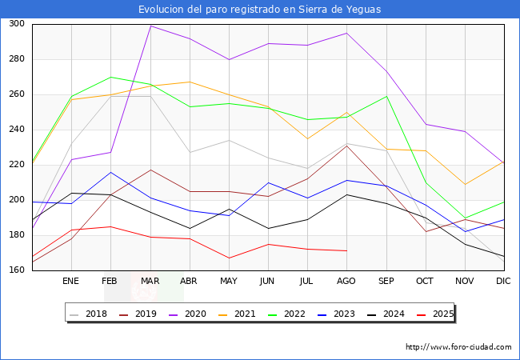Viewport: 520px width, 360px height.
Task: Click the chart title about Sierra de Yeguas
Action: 259,10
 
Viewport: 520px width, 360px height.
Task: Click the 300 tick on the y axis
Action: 16,24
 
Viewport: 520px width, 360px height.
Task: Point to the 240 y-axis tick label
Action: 16,130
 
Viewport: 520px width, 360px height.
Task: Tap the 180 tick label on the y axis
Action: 16,235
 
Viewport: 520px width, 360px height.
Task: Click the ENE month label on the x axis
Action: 71,282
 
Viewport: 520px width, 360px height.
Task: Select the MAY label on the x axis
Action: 229,282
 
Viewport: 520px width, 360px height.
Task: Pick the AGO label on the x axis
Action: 346,282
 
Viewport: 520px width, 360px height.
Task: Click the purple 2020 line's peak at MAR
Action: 150,26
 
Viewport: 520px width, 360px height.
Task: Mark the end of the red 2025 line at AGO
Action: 346,250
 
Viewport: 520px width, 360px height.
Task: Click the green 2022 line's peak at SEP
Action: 386,96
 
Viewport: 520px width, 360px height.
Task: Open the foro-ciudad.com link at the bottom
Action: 458,347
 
